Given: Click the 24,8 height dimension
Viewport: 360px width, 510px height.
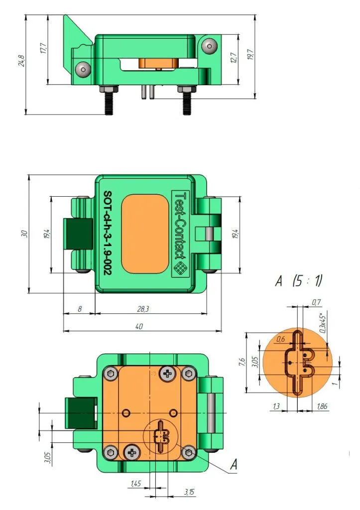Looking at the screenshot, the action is (x=22, y=61).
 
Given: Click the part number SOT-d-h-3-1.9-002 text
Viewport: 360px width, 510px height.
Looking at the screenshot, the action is (x=107, y=233).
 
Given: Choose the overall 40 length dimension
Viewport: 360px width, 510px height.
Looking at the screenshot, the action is (x=139, y=326).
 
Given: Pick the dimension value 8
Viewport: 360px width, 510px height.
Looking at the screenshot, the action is (x=79, y=309).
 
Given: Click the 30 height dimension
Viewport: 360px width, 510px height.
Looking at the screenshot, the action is (x=24, y=234).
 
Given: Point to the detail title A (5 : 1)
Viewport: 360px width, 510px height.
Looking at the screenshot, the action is (x=299, y=280).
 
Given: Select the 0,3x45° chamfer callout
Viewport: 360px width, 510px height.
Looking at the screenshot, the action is (x=323, y=323).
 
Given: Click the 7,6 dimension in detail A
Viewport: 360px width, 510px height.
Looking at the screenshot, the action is (x=241, y=362).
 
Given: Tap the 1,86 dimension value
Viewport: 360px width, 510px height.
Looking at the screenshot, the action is (x=322, y=406).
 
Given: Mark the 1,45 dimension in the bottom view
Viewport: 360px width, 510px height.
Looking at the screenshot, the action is (x=135, y=484).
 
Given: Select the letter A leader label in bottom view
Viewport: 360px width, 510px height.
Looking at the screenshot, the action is (x=234, y=465).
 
